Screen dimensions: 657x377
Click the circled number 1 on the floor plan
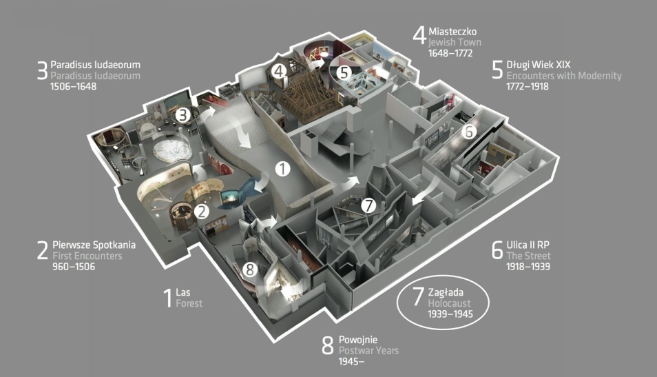tap(283, 169)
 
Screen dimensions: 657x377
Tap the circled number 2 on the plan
tap(202, 212)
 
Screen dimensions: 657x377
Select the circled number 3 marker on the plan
tap(182, 114)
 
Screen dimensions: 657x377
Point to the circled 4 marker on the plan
tap(279, 71)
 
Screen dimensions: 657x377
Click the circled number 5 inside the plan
tap(344, 72)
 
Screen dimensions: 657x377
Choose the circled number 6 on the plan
tap(469, 132)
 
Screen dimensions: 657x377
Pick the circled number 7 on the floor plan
tap(368, 205)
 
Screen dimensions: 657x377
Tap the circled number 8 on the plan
tap(250, 269)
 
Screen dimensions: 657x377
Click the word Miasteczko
tap(452, 32)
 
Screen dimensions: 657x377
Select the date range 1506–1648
tap(73, 86)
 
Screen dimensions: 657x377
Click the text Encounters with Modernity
tap(564, 76)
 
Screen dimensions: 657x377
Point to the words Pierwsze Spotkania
tap(94, 245)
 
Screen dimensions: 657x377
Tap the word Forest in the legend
tap(189, 303)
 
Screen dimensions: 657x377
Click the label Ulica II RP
tap(528, 245)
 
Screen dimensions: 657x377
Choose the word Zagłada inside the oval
tap(446, 292)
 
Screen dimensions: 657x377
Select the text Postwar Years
tap(368, 351)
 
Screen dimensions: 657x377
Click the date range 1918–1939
tap(528, 267)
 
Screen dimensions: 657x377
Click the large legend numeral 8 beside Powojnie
tap(328, 345)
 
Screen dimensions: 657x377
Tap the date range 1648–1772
tap(450, 53)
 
